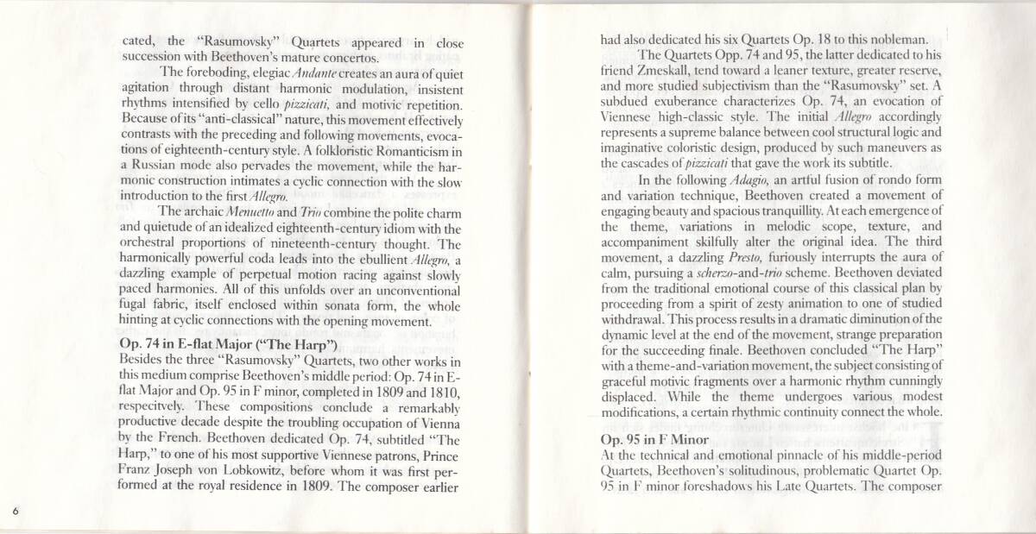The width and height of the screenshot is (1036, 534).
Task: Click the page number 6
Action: [16, 511]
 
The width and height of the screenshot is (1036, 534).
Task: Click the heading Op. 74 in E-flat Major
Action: [228, 345]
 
